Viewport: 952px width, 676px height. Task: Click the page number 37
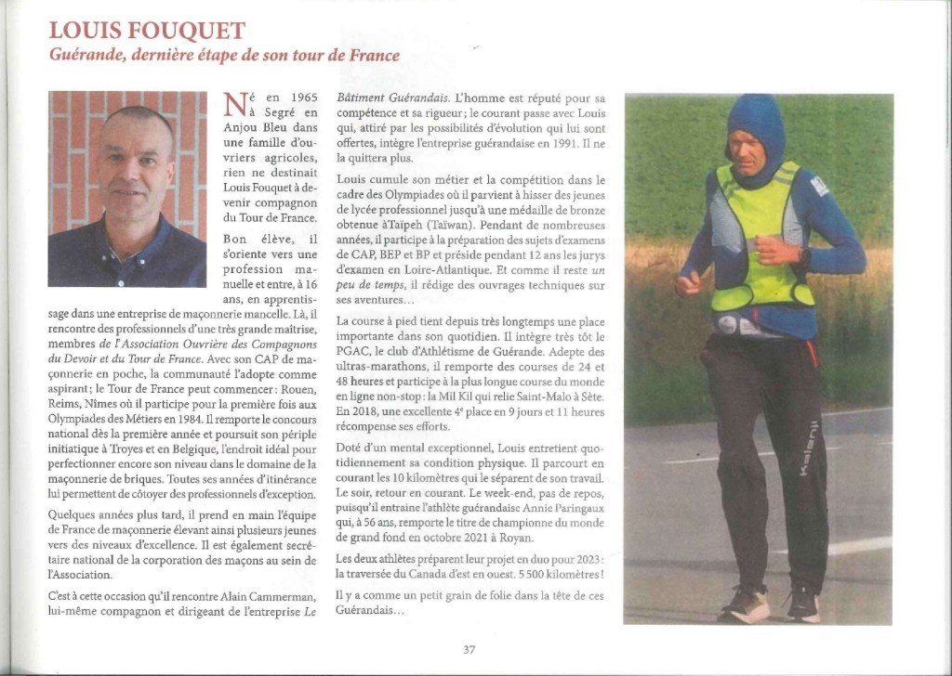click(469, 650)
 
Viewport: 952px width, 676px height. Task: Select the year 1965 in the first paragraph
click(304, 97)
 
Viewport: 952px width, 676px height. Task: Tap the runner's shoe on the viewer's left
click(747, 605)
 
